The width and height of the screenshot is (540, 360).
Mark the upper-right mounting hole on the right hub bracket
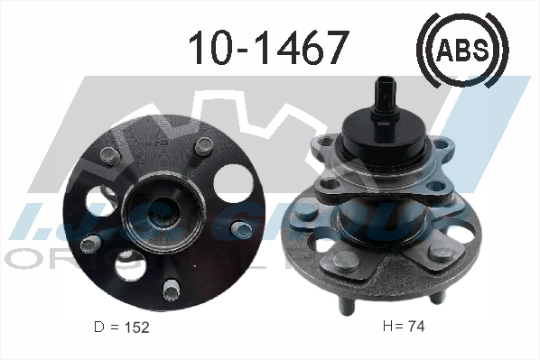coord(444,143)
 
